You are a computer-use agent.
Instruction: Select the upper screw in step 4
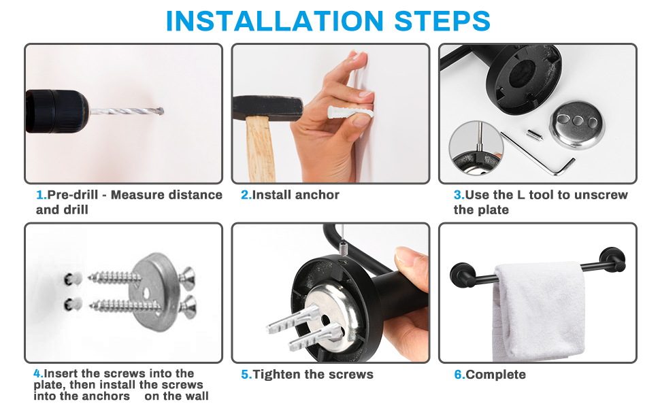(x=112, y=277)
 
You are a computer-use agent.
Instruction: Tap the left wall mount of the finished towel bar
(x=459, y=275)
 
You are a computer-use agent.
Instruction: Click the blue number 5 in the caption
(x=245, y=375)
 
